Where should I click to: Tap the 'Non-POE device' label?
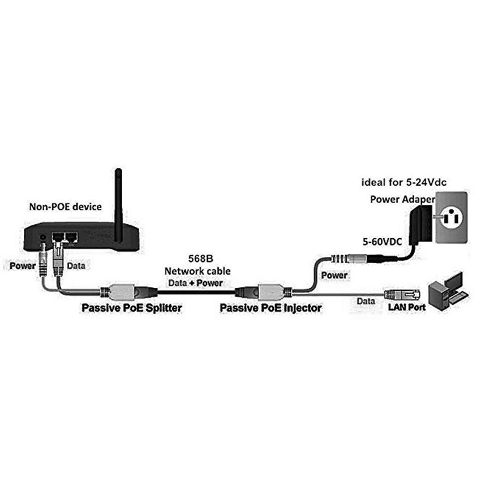click(x=65, y=207)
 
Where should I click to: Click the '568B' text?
click(x=201, y=258)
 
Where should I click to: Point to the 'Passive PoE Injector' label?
click(x=270, y=308)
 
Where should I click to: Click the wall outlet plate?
click(x=450, y=217)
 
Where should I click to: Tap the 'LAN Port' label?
click(x=406, y=307)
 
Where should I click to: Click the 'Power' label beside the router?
click(x=23, y=264)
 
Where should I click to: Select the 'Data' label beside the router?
click(x=77, y=264)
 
